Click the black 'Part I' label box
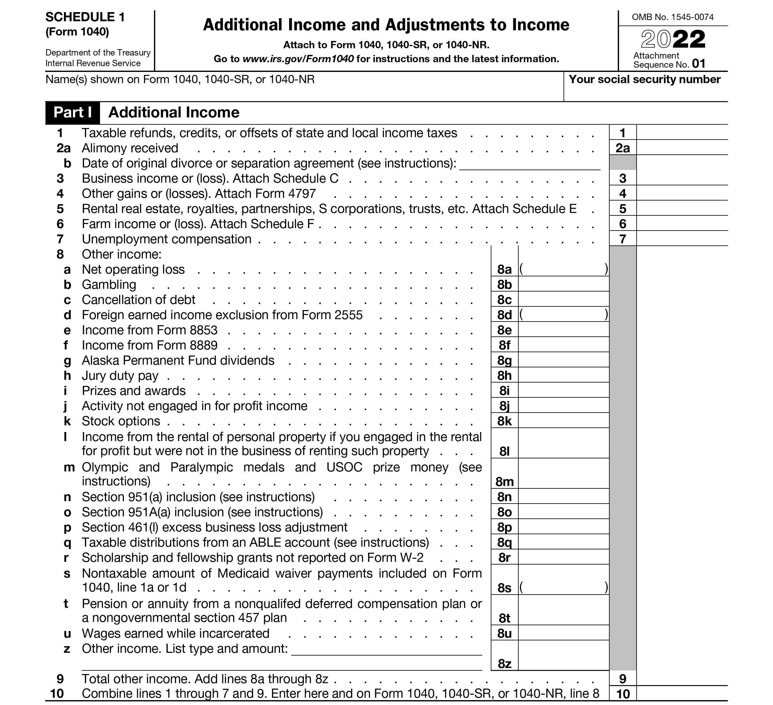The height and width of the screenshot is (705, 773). (x=72, y=113)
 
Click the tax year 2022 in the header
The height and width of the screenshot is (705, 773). (x=673, y=39)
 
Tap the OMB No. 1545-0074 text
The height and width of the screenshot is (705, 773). (x=673, y=17)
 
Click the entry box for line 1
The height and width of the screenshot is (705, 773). (x=681, y=133)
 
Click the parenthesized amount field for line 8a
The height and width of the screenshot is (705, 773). (x=563, y=269)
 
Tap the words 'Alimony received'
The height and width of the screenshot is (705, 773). (x=130, y=148)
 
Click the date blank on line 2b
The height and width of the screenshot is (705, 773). (x=530, y=164)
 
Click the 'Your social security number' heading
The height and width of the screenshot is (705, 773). (x=644, y=79)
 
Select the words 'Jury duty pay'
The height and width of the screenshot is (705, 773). (x=120, y=376)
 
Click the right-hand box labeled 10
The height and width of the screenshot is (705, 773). (x=623, y=694)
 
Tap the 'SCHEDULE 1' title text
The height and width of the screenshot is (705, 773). (x=85, y=17)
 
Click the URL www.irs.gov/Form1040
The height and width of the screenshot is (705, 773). (x=298, y=59)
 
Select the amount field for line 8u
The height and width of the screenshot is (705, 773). (x=563, y=633)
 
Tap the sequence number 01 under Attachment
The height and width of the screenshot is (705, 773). (x=699, y=64)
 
